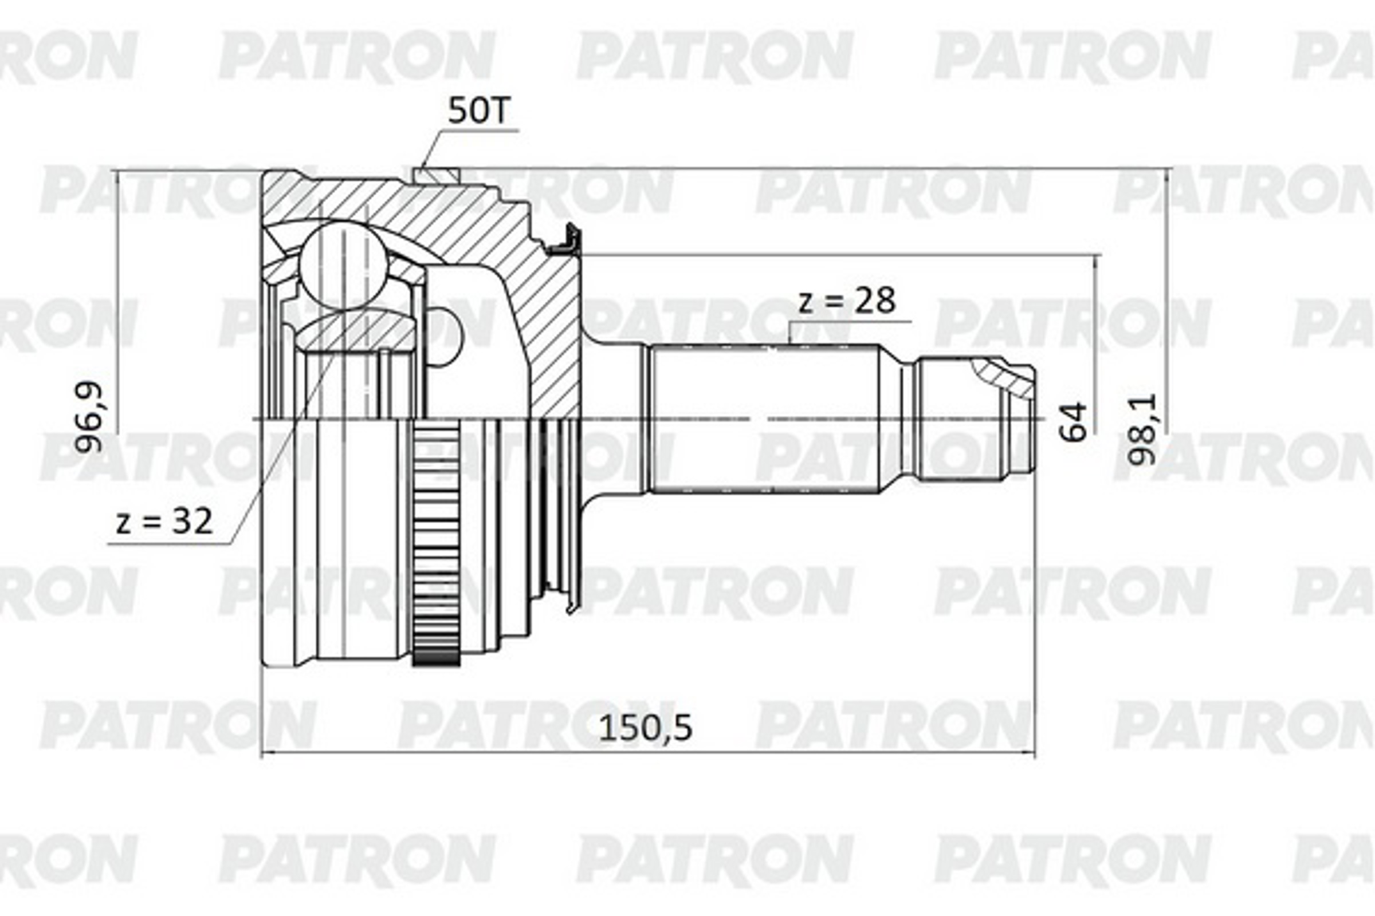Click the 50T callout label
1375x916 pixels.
(x=479, y=111)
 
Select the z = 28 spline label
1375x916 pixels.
(x=847, y=302)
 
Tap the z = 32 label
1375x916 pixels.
(x=164, y=522)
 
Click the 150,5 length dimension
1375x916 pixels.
(x=646, y=728)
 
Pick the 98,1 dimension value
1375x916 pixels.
(x=1142, y=429)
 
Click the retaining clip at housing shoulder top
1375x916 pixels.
(x=567, y=242)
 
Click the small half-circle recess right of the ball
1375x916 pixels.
(x=447, y=338)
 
